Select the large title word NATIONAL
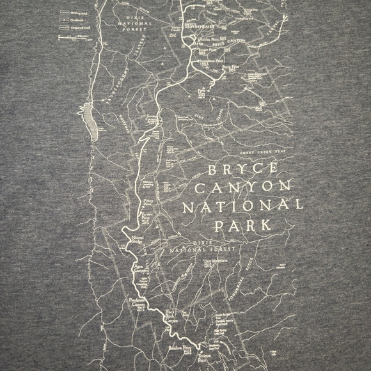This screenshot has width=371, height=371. [242, 208]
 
